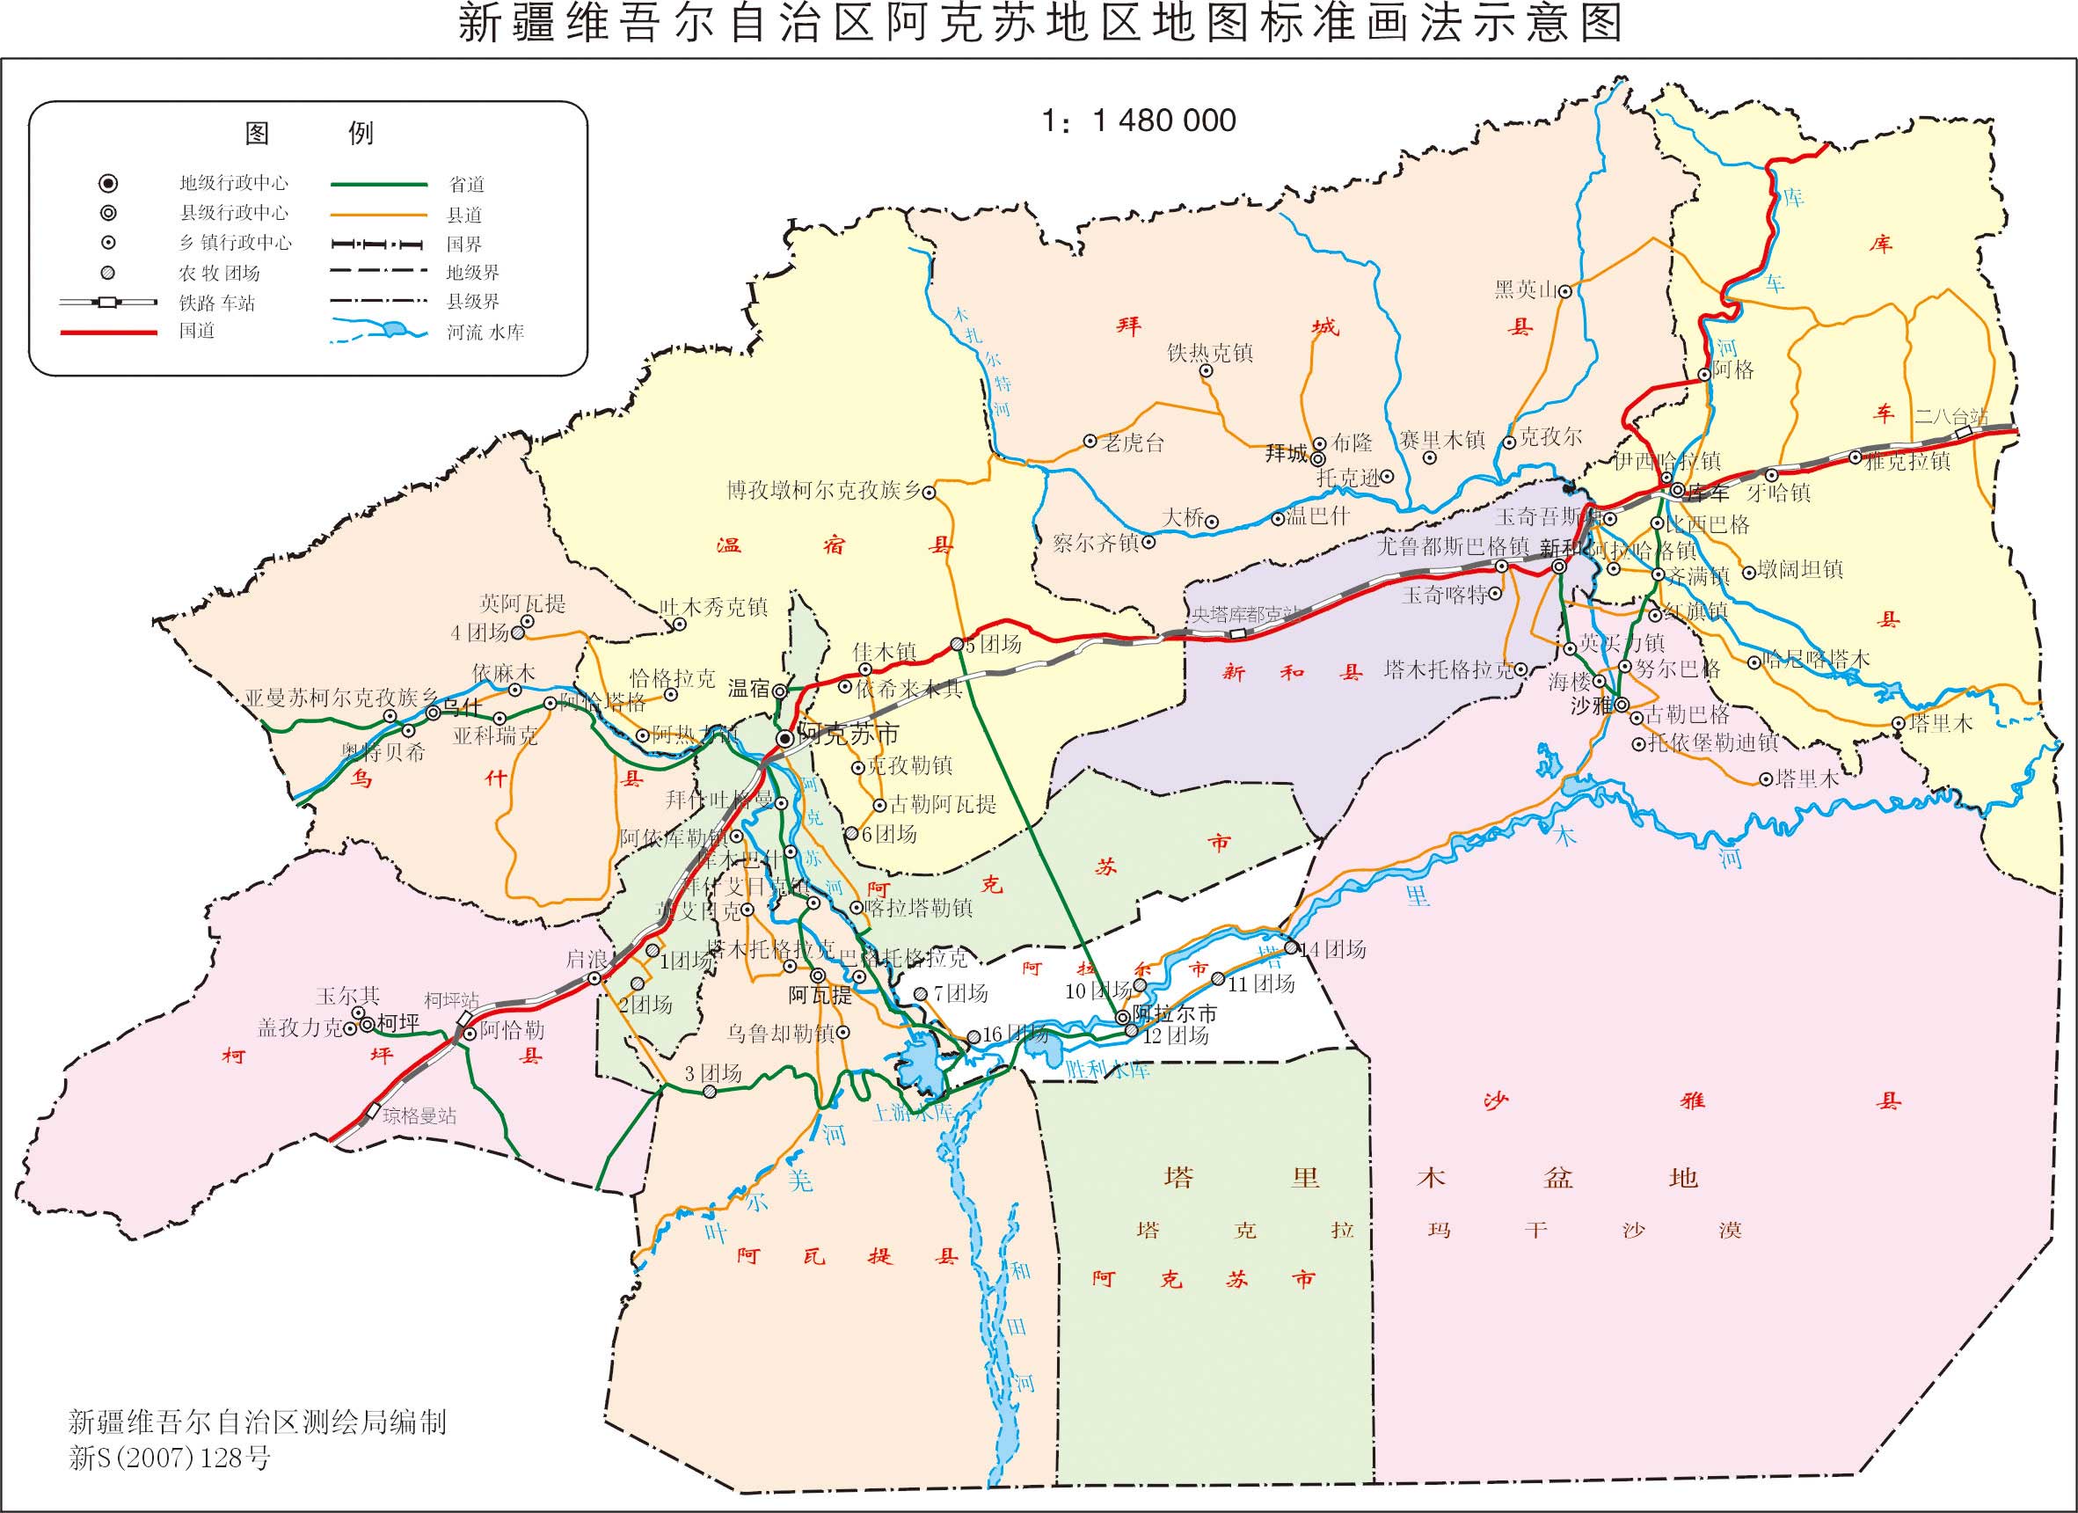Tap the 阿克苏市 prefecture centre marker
pyautogui.click(x=785, y=738)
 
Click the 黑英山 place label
pyautogui.click(x=1526, y=290)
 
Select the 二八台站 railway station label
pyautogui.click(x=1950, y=417)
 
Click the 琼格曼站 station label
pyautogui.click(x=419, y=1115)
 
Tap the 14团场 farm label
pyautogui.click(x=1333, y=949)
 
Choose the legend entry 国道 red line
pyautogui.click(x=108, y=333)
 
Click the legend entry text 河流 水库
pyautogui.click(x=485, y=333)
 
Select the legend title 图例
pyautogui.click(x=309, y=134)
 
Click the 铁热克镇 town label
pyautogui.click(x=1210, y=353)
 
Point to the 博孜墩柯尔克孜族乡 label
pyautogui.click(x=824, y=491)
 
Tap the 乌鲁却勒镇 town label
pyautogui.click(x=781, y=1034)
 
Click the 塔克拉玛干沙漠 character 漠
pyautogui.click(x=1730, y=1230)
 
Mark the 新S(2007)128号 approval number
pyautogui.click(x=171, y=1458)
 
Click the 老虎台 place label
pyautogui.click(x=1133, y=443)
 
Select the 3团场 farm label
pyautogui.click(x=713, y=1073)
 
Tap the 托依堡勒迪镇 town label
pyautogui.click(x=1712, y=743)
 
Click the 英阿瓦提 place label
pyautogui.click(x=522, y=604)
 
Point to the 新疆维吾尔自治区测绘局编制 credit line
pyautogui.click(x=258, y=1422)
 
